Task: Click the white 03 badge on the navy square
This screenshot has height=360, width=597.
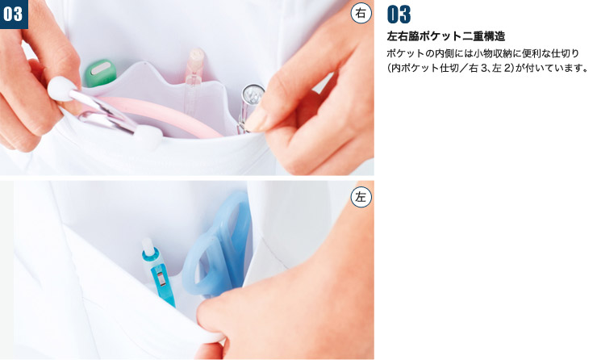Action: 13,14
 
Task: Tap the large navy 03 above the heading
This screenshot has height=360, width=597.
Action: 399,15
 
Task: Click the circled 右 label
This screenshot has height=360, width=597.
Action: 360,14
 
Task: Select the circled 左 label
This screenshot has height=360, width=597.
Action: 361,197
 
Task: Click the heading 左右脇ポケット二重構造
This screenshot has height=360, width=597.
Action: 446,36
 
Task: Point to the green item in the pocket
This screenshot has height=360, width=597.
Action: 100,73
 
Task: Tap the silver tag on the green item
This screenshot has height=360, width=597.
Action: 100,68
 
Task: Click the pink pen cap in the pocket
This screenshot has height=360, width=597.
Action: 195,64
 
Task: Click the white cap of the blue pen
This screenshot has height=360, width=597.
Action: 148,247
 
